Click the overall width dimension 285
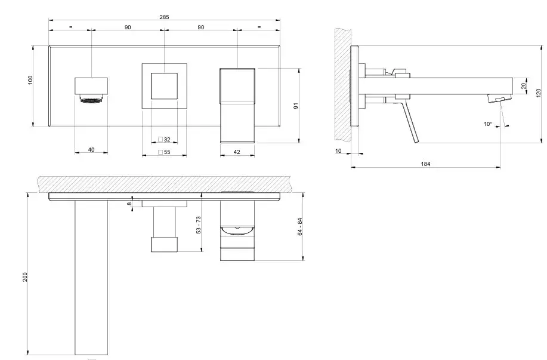pyautogui.click(x=164, y=17)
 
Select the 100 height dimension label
pyautogui.click(x=30, y=80)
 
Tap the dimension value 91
pyautogui.click(x=296, y=106)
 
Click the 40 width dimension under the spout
pyautogui.click(x=91, y=150)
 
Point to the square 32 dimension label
pyautogui.click(x=164, y=140)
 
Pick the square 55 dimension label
pyautogui.click(x=164, y=152)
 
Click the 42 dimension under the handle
pyautogui.click(x=237, y=152)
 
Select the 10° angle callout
pyautogui.click(x=487, y=124)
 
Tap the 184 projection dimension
pyautogui.click(x=425, y=163)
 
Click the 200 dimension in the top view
pyautogui.click(x=26, y=278)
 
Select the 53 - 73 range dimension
pyautogui.click(x=199, y=225)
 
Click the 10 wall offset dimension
pyautogui.click(x=339, y=151)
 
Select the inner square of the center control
pyautogui.click(x=164, y=85)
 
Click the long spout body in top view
pyautogui.click(x=91, y=278)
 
